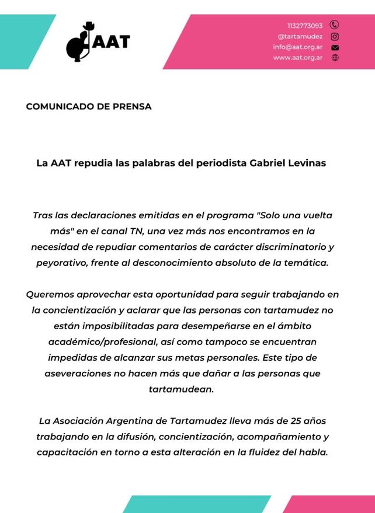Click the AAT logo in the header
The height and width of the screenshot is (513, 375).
coord(98,42)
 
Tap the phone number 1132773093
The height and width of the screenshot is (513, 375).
coord(304,26)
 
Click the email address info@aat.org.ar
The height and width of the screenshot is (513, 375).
coord(297,47)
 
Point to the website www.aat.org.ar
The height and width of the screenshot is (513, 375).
coord(297,58)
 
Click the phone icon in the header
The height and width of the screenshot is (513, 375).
coord(335,25)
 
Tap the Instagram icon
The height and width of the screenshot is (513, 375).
coord(335,36)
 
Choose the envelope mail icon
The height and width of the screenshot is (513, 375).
coord(335,47)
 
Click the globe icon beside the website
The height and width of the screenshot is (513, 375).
coord(335,58)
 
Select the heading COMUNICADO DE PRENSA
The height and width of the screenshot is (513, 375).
coord(89,107)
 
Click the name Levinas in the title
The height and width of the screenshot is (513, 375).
coord(306,163)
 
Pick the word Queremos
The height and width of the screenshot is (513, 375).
coord(50,295)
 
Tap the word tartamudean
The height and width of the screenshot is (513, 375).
coord(181,389)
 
